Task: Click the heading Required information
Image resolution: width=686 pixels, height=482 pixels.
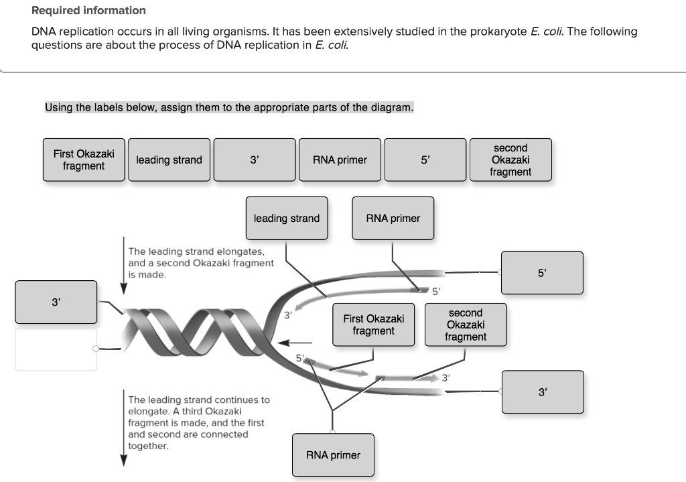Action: [x=88, y=11]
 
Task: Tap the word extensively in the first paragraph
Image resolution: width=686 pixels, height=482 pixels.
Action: [x=362, y=32]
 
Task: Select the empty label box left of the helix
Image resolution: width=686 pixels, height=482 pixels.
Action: [x=56, y=349]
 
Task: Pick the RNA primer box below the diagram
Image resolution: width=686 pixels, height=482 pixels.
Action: [x=333, y=455]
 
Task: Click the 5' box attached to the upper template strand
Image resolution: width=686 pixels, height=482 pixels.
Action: [x=542, y=273]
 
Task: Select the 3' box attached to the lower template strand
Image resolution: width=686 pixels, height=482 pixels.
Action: [x=542, y=392]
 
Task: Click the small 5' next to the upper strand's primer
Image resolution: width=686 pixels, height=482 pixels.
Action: [x=436, y=291]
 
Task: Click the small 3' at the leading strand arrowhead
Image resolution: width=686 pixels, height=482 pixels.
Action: [x=287, y=314]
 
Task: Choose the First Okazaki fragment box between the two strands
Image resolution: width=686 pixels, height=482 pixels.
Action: [x=373, y=325]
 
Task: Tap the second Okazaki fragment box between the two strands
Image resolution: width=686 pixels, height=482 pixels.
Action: [x=465, y=325]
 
